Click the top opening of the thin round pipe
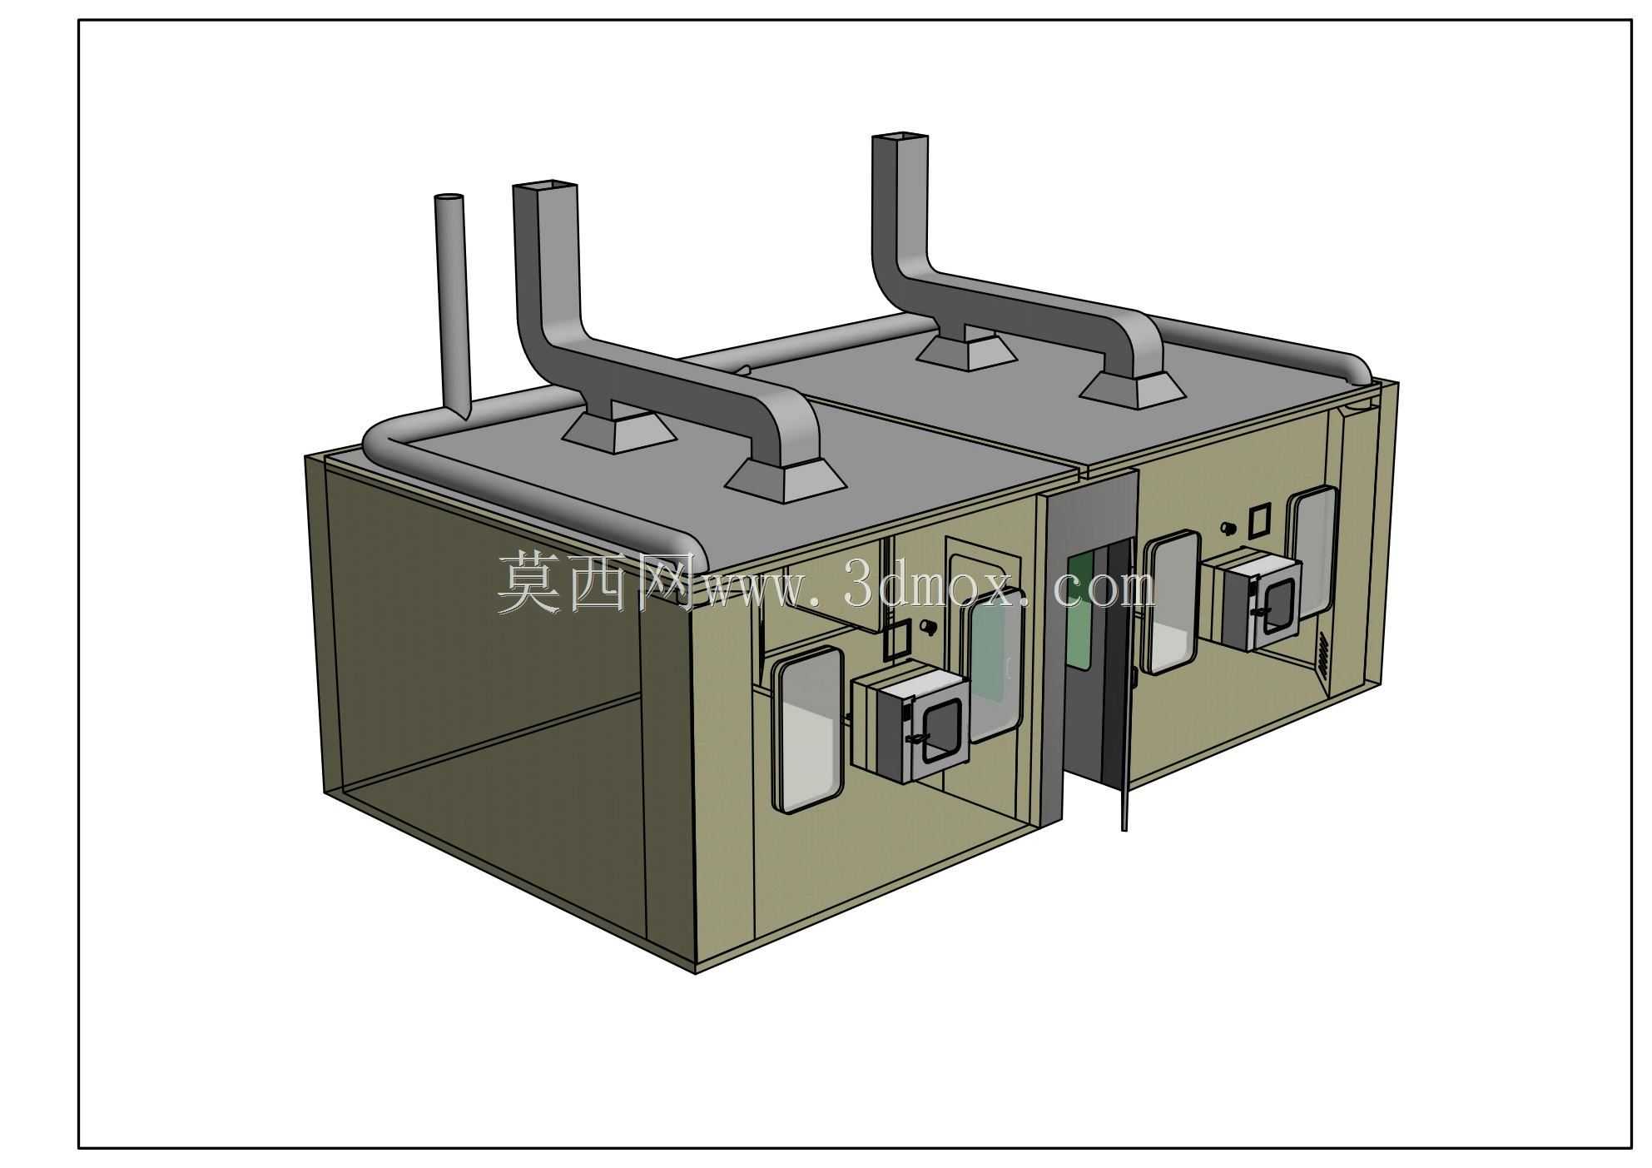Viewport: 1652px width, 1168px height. [x=449, y=201]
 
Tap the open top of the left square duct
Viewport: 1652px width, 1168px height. [x=545, y=186]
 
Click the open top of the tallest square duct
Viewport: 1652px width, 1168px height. [x=899, y=137]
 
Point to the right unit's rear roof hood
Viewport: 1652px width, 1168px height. [x=966, y=350]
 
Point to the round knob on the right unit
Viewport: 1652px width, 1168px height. [x=1226, y=528]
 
